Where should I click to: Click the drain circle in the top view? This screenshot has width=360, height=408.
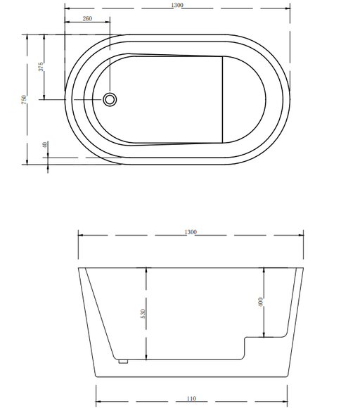pos(110,99)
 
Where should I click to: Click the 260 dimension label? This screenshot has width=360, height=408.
pos(87,18)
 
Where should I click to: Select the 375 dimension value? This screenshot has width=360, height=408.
pos(41,67)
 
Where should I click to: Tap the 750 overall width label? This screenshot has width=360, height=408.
pos(24,100)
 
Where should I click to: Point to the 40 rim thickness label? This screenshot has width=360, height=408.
pos(45,145)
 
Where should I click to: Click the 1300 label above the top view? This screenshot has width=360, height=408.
pos(177,5)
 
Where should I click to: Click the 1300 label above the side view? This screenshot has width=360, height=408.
pos(191,232)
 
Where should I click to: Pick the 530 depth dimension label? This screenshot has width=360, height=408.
pos(143,314)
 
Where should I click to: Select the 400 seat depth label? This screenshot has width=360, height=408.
pos(261,302)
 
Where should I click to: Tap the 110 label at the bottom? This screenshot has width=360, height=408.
pos(191,398)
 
